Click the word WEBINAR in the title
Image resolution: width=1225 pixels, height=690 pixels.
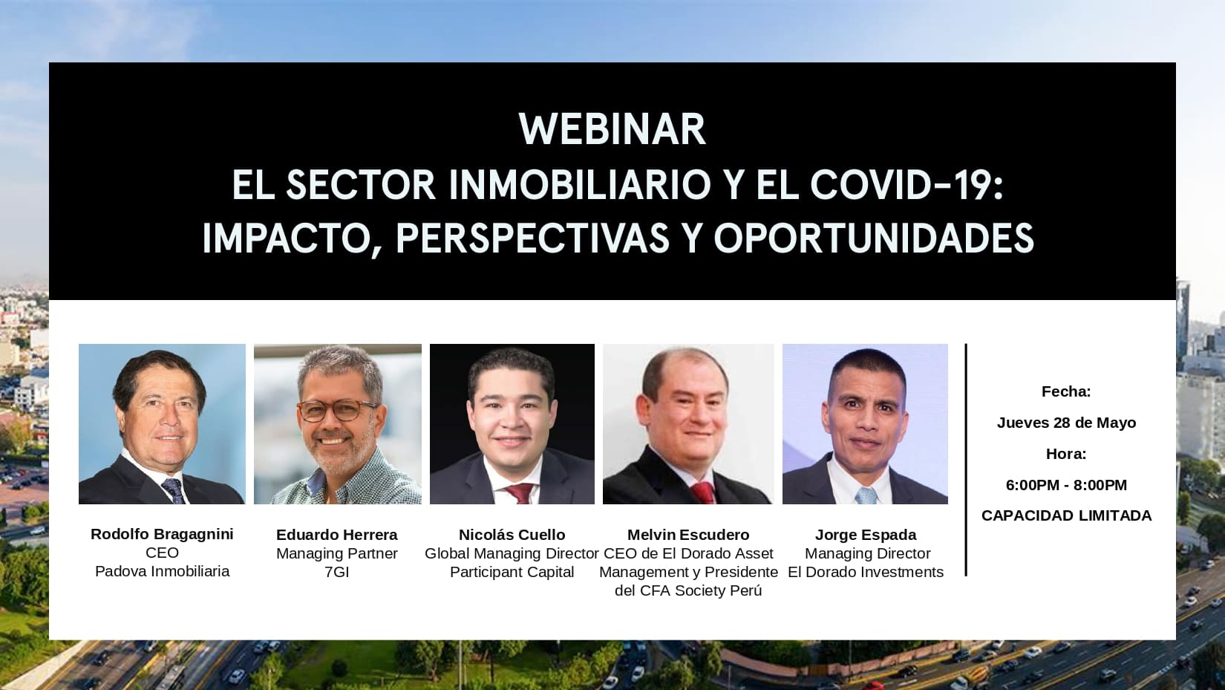[612, 129]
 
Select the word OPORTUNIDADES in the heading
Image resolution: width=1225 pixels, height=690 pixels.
[874, 238]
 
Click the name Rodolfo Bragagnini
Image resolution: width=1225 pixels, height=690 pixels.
[162, 534]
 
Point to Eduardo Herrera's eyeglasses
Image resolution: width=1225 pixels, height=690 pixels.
[337, 411]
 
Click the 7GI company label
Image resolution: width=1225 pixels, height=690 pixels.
[337, 572]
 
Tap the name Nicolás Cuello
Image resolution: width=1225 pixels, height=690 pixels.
[512, 535]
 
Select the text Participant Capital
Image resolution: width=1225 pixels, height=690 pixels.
[512, 572]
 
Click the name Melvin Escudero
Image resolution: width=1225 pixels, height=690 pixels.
[688, 535]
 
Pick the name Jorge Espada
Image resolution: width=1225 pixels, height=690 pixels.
[866, 535]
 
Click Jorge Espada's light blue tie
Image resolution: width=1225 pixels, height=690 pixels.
[867, 495]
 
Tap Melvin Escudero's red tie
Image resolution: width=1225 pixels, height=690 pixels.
[704, 493]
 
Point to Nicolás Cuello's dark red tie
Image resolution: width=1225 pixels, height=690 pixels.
[519, 494]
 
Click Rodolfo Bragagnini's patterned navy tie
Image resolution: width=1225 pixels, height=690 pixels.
[174, 490]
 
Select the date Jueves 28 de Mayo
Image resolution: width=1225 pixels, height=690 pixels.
[1066, 423]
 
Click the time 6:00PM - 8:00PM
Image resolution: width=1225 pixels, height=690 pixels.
[1066, 485]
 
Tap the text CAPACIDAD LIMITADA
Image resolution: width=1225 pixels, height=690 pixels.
[1066, 515]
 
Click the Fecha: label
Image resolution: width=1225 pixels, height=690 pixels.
[1066, 391]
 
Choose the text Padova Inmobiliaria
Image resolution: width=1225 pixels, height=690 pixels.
[162, 571]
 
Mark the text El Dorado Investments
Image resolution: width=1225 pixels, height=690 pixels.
[866, 572]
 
